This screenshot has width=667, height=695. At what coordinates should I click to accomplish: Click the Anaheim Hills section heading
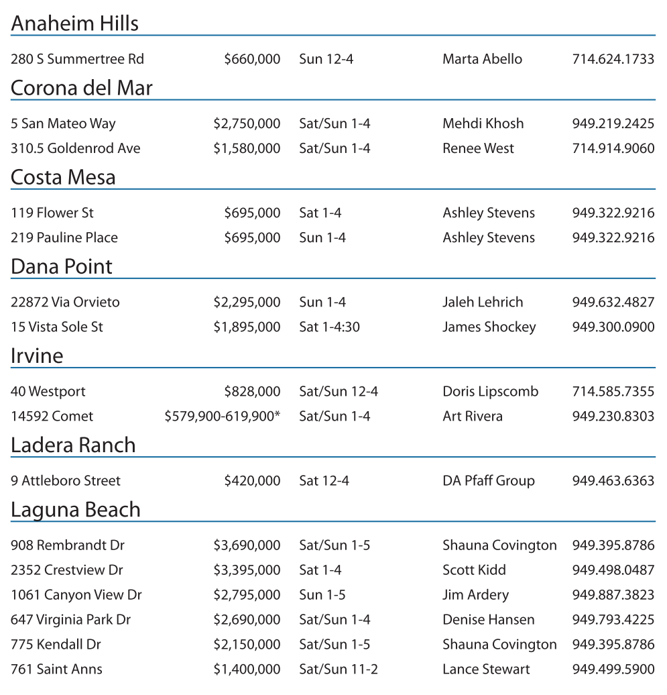tap(75, 23)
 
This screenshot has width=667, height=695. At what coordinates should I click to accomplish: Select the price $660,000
tap(252, 59)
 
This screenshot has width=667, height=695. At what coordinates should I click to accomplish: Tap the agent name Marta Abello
tap(482, 59)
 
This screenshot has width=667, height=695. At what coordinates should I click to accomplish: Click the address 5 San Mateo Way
tap(63, 123)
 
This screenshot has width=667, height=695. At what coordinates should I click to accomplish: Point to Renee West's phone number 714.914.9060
tap(613, 148)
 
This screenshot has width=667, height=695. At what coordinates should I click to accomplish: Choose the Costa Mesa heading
tap(63, 177)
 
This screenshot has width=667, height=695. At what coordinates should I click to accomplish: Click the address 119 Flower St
tap(52, 213)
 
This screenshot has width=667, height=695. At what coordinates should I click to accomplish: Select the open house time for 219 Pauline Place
tap(322, 237)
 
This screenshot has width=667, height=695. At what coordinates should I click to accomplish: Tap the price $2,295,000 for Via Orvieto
tap(247, 302)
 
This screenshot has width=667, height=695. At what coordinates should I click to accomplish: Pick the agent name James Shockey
tap(489, 327)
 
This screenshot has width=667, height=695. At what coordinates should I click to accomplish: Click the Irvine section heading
tap(37, 356)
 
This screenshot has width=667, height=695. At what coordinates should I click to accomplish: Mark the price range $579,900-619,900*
tap(222, 416)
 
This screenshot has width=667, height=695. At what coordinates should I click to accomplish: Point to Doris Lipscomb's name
tap(490, 391)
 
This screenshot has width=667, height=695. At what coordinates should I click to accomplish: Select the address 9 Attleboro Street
tap(66, 480)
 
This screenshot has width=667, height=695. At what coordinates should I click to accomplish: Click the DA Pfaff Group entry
tap(488, 480)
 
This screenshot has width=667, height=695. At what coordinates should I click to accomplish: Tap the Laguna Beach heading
tap(76, 510)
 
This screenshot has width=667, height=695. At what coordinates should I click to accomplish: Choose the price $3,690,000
tap(247, 545)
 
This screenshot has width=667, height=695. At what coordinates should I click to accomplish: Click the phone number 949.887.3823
tap(613, 594)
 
